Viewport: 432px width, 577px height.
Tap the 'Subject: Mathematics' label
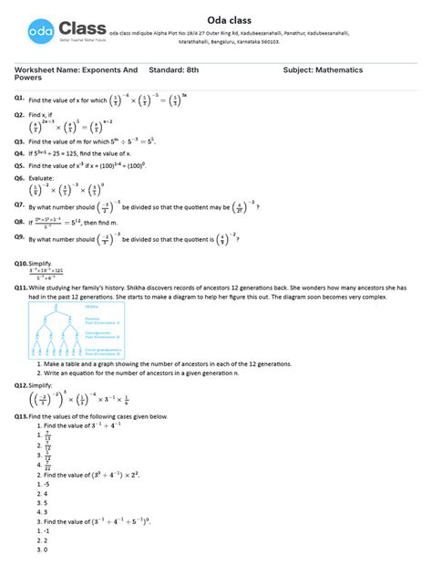(324, 69)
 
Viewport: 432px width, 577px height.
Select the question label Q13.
(20, 415)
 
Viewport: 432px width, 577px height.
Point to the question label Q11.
(20, 288)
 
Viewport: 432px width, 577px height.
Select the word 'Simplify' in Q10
(41, 263)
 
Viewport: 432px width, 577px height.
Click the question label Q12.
(20, 385)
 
